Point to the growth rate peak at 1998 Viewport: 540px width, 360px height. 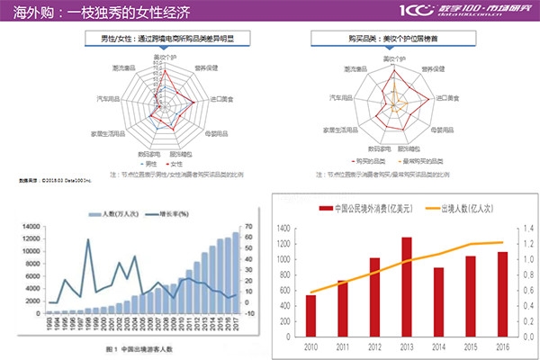click(88, 239)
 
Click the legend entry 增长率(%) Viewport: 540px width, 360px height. click(168, 214)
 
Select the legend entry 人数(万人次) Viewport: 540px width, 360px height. click(115, 214)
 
